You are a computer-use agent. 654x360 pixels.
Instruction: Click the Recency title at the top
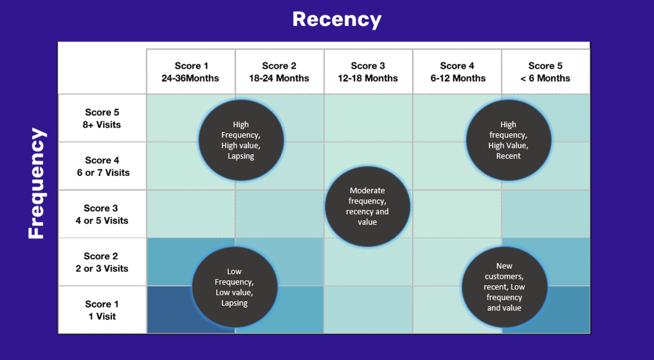pos(336,20)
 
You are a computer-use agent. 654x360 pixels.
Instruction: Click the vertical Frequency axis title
pos(36,183)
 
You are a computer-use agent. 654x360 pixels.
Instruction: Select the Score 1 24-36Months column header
pos(190,72)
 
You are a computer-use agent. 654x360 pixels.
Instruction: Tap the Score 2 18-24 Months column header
pos(279,72)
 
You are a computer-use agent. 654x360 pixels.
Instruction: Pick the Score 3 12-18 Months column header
pos(368,72)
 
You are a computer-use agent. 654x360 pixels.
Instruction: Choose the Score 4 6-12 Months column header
pos(457,72)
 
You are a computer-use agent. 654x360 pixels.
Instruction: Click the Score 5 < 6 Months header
pos(545,72)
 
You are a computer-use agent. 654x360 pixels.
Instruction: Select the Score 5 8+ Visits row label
pos(102,118)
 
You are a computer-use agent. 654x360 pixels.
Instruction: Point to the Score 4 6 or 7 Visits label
pos(102,166)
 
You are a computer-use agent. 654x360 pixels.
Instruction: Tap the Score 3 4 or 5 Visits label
pos(102,214)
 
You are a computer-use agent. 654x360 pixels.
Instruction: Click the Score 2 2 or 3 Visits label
pos(102,262)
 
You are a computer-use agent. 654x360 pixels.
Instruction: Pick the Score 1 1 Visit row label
pos(102,310)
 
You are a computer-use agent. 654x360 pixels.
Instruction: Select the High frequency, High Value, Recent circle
pos(508,140)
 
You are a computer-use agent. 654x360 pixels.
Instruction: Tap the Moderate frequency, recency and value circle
pos(368,206)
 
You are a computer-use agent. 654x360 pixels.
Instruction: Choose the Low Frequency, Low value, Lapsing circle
pos(234,286)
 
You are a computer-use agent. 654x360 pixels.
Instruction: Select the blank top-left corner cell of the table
pos(102,69)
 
